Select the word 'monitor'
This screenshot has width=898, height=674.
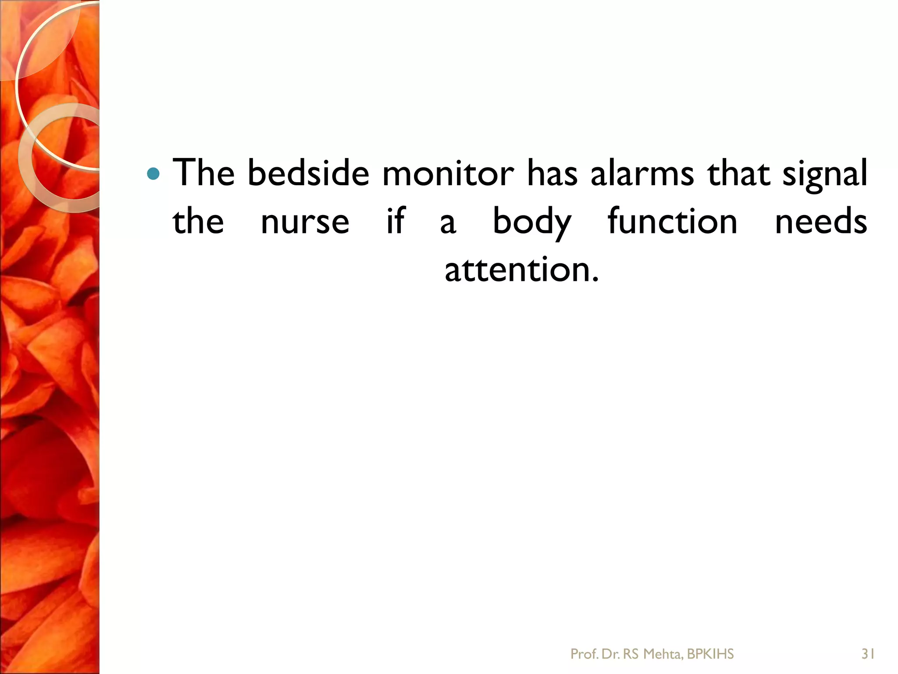click(x=448, y=173)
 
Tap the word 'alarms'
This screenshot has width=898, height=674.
click(x=642, y=173)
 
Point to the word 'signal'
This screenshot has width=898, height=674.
click(x=825, y=176)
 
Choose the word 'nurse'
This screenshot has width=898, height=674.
click(x=305, y=222)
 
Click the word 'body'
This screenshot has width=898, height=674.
click(x=531, y=222)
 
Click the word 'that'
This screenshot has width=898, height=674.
click(x=739, y=173)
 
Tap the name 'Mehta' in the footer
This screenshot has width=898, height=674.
click(x=662, y=654)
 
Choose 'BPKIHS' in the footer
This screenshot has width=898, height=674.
click(x=710, y=654)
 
